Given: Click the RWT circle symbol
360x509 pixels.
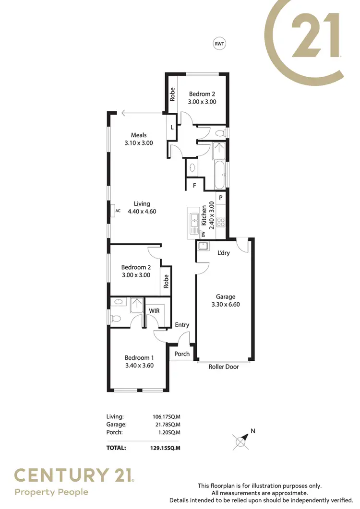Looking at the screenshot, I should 219,44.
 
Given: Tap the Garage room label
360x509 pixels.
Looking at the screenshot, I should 225,296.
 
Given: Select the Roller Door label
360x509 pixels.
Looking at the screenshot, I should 223,367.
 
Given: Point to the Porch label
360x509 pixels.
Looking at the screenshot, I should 182,354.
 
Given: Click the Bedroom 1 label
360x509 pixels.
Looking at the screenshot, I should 139,357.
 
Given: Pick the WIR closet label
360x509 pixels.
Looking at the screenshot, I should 154,311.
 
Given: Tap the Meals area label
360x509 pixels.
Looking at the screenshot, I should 139,135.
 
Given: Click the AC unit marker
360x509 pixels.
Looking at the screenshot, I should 118,210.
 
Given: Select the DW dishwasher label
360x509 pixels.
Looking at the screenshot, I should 203,234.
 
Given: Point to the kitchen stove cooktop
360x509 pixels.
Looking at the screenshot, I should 221,222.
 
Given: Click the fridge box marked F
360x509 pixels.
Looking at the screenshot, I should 194,185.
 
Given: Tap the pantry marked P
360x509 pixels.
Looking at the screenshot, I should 221,198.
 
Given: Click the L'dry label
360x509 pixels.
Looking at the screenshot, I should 223,253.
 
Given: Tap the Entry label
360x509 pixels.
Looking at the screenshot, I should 182,325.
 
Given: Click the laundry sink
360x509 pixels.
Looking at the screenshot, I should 202,247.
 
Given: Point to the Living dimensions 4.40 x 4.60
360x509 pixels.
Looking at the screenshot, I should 142,211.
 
